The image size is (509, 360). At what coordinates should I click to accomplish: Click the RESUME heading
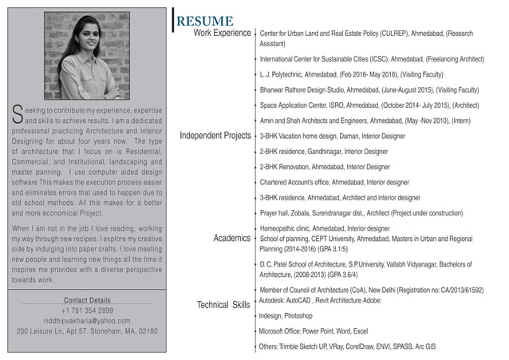point(205,21)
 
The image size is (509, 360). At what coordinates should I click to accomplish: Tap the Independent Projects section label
point(215,136)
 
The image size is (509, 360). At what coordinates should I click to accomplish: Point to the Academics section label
point(232,239)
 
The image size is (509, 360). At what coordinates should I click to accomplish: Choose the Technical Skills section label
point(223,305)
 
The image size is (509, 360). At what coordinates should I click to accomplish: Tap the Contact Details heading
point(87,300)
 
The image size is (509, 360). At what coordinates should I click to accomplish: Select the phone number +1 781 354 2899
point(87,310)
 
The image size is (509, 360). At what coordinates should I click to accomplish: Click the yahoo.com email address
point(87,320)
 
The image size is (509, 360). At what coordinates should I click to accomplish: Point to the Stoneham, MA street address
point(87,330)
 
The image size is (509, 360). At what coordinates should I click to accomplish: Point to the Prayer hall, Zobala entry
point(361,213)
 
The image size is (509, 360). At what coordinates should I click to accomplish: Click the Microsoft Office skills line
point(314,330)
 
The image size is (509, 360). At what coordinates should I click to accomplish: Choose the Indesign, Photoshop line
point(286,316)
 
